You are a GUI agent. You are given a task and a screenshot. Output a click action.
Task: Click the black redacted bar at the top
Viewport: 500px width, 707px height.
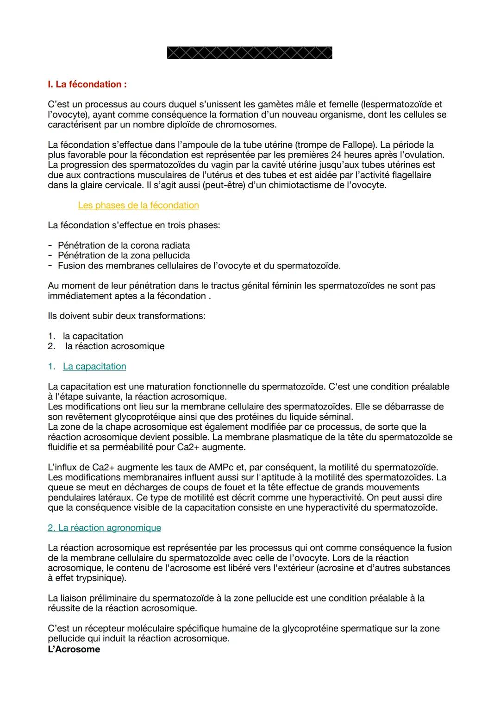249,53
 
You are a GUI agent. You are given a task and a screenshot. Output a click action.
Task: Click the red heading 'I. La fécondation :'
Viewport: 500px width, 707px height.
87,84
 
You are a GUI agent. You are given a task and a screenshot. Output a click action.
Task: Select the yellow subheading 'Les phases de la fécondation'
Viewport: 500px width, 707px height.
138,205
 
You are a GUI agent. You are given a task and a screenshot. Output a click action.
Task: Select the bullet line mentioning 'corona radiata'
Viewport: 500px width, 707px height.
124,245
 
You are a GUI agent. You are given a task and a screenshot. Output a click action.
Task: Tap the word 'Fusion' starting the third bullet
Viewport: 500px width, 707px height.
71,266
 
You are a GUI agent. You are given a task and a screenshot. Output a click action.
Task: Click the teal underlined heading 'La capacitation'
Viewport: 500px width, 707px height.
94,366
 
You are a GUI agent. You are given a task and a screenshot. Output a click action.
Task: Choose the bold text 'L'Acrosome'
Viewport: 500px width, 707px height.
74,649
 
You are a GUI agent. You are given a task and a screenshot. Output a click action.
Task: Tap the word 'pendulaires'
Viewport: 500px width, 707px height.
72,498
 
